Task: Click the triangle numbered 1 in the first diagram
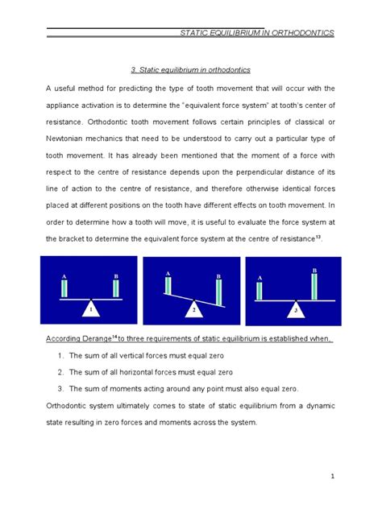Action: [x=93, y=308]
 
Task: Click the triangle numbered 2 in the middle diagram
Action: [x=194, y=309]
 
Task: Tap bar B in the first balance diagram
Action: [x=116, y=288]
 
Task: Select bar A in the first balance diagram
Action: [x=64, y=288]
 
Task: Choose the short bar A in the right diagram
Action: [x=260, y=291]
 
